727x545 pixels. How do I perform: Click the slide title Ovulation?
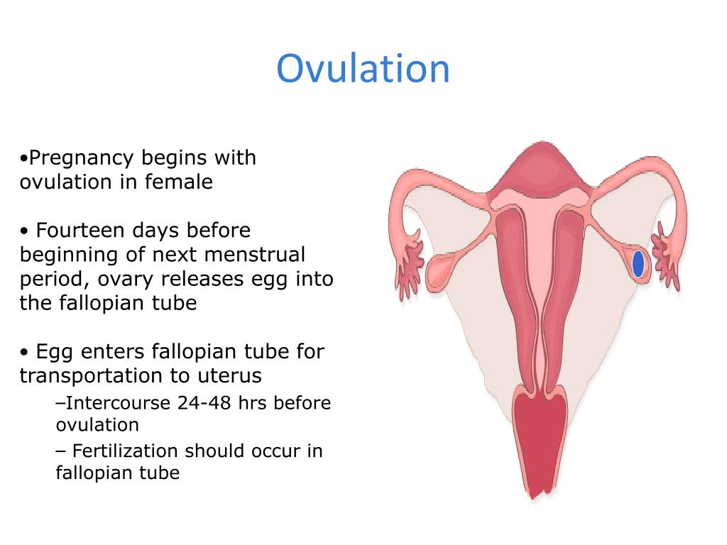point(363,69)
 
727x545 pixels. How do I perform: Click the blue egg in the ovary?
point(638,264)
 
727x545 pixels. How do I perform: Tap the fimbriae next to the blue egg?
point(667,259)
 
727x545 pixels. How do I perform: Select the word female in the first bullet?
point(179,182)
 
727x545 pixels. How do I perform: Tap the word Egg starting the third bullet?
point(54,351)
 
